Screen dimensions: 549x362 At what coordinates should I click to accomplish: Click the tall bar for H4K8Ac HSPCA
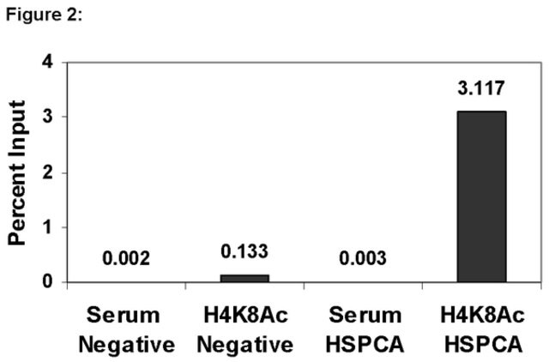(482, 196)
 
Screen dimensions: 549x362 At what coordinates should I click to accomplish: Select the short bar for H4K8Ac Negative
(244, 278)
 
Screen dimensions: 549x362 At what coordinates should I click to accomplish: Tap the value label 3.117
(481, 88)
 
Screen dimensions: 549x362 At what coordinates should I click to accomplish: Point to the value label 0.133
(244, 251)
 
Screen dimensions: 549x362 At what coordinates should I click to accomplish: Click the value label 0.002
(126, 258)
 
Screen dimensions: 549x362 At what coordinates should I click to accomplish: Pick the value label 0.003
(363, 258)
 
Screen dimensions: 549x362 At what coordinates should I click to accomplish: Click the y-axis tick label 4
(48, 63)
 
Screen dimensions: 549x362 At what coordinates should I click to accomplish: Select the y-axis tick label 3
(48, 117)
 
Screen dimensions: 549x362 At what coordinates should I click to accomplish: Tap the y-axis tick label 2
(48, 172)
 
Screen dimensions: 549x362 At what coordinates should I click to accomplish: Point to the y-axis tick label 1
(48, 227)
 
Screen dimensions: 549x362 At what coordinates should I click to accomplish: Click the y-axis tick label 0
(48, 282)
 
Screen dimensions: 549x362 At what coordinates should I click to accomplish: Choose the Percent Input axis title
(17, 172)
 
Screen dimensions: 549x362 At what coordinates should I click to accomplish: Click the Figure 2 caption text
(44, 15)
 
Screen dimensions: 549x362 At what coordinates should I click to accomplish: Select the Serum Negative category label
(126, 329)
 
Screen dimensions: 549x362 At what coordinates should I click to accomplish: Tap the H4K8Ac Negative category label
(245, 329)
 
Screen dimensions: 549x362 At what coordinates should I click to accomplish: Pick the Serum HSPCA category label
(365, 329)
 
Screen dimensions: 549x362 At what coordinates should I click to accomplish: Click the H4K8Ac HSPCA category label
(483, 329)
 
